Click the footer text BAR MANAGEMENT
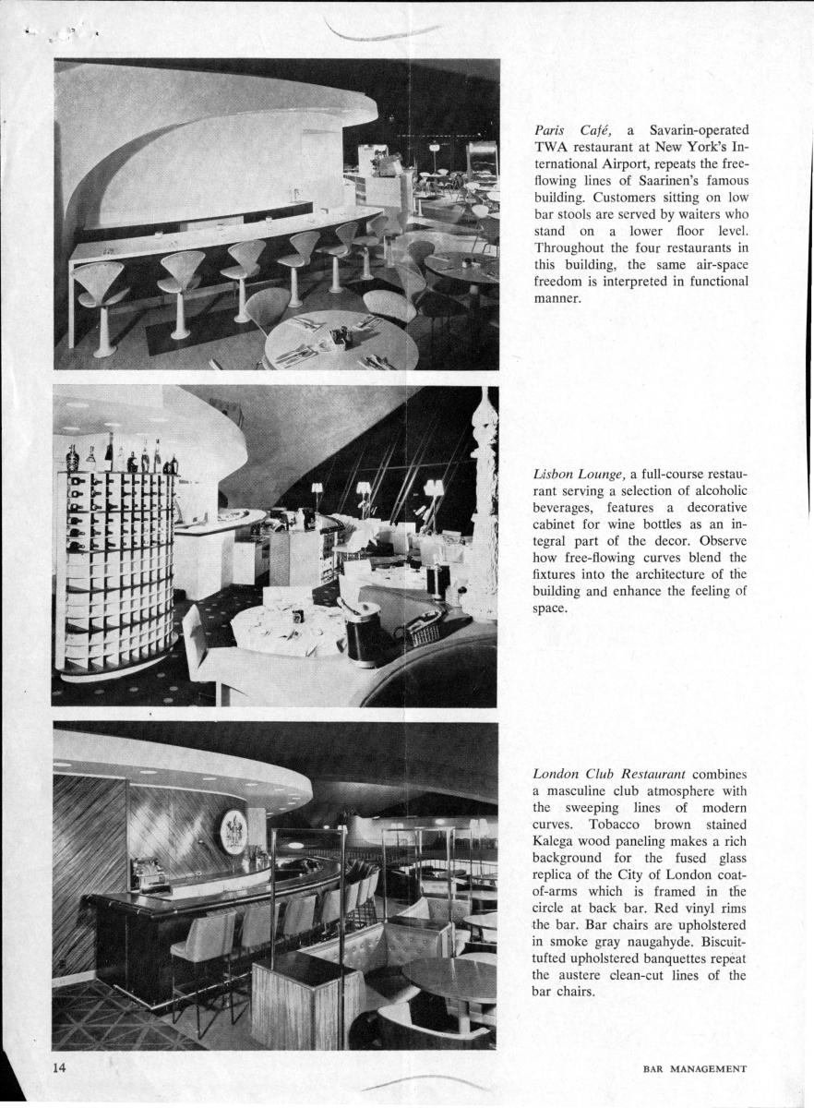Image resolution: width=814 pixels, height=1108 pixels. pyautogui.click(x=694, y=1069)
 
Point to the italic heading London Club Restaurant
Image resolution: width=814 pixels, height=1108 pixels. pyautogui.click(x=608, y=773)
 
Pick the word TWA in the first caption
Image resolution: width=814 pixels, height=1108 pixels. pyautogui.click(x=550, y=147)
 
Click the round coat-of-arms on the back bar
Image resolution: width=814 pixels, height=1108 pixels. pyautogui.click(x=234, y=832)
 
